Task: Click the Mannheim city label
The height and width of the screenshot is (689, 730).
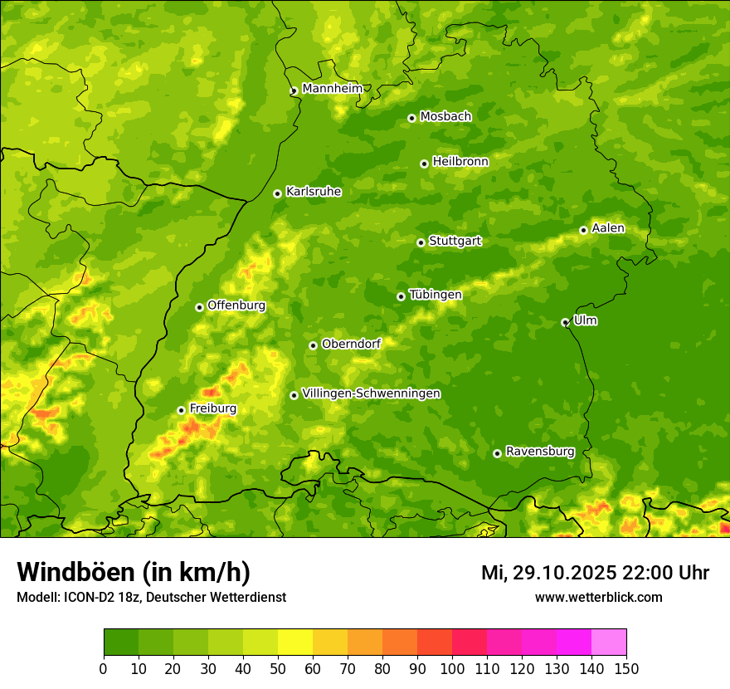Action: [332, 89]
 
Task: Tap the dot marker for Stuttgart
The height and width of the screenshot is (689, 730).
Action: [421, 242]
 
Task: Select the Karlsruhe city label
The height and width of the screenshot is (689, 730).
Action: [314, 192]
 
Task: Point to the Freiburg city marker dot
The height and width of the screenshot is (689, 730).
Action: [181, 410]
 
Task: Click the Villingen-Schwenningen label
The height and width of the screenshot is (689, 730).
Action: [371, 393]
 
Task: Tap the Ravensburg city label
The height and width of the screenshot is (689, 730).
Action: [540, 452]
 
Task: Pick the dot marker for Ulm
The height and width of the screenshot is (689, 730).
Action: [565, 322]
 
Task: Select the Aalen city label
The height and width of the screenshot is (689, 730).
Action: [608, 228]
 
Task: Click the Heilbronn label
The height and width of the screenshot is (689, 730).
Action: [460, 162]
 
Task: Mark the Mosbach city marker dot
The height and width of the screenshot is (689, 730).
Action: [411, 118]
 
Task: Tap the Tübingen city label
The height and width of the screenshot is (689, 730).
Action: [436, 295]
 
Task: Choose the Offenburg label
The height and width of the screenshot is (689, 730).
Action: [236, 305]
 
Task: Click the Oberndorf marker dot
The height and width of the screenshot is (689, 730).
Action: [313, 345]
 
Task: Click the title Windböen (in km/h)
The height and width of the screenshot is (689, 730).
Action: [134, 572]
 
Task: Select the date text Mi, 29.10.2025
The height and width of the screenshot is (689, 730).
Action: [547, 573]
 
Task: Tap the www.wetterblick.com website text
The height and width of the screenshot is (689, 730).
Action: [598, 597]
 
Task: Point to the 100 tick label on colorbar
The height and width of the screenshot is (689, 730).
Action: [452, 668]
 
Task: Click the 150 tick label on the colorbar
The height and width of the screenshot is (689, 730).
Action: [626, 668]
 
